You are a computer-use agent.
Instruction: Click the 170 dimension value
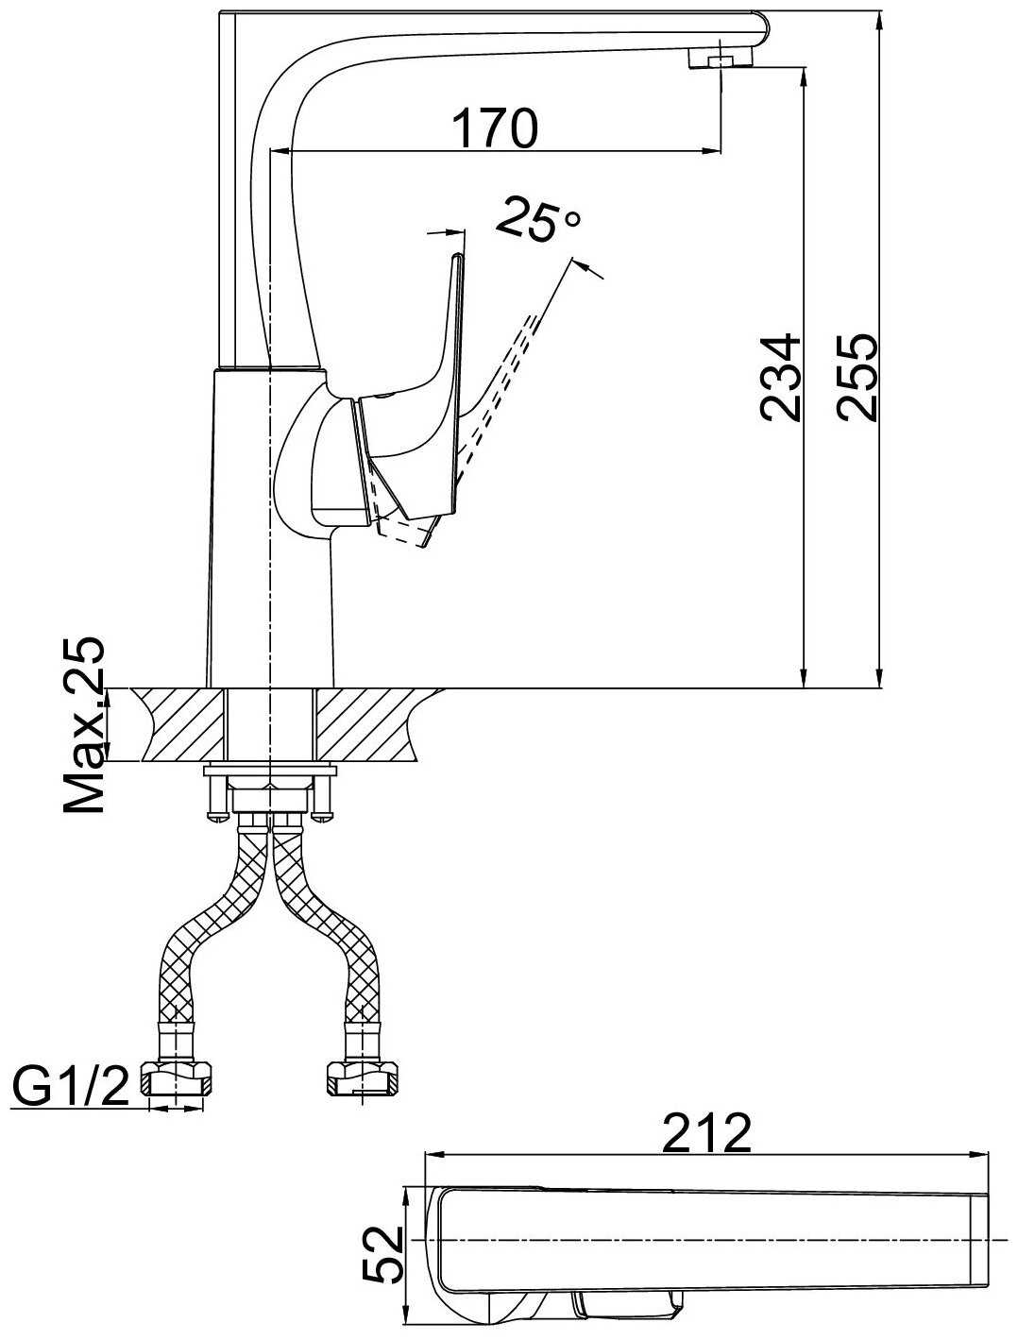tap(495, 128)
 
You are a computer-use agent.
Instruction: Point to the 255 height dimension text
tap(857, 378)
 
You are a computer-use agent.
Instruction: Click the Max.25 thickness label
tap(84, 725)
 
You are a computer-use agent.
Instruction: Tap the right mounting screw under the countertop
tap(324, 795)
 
